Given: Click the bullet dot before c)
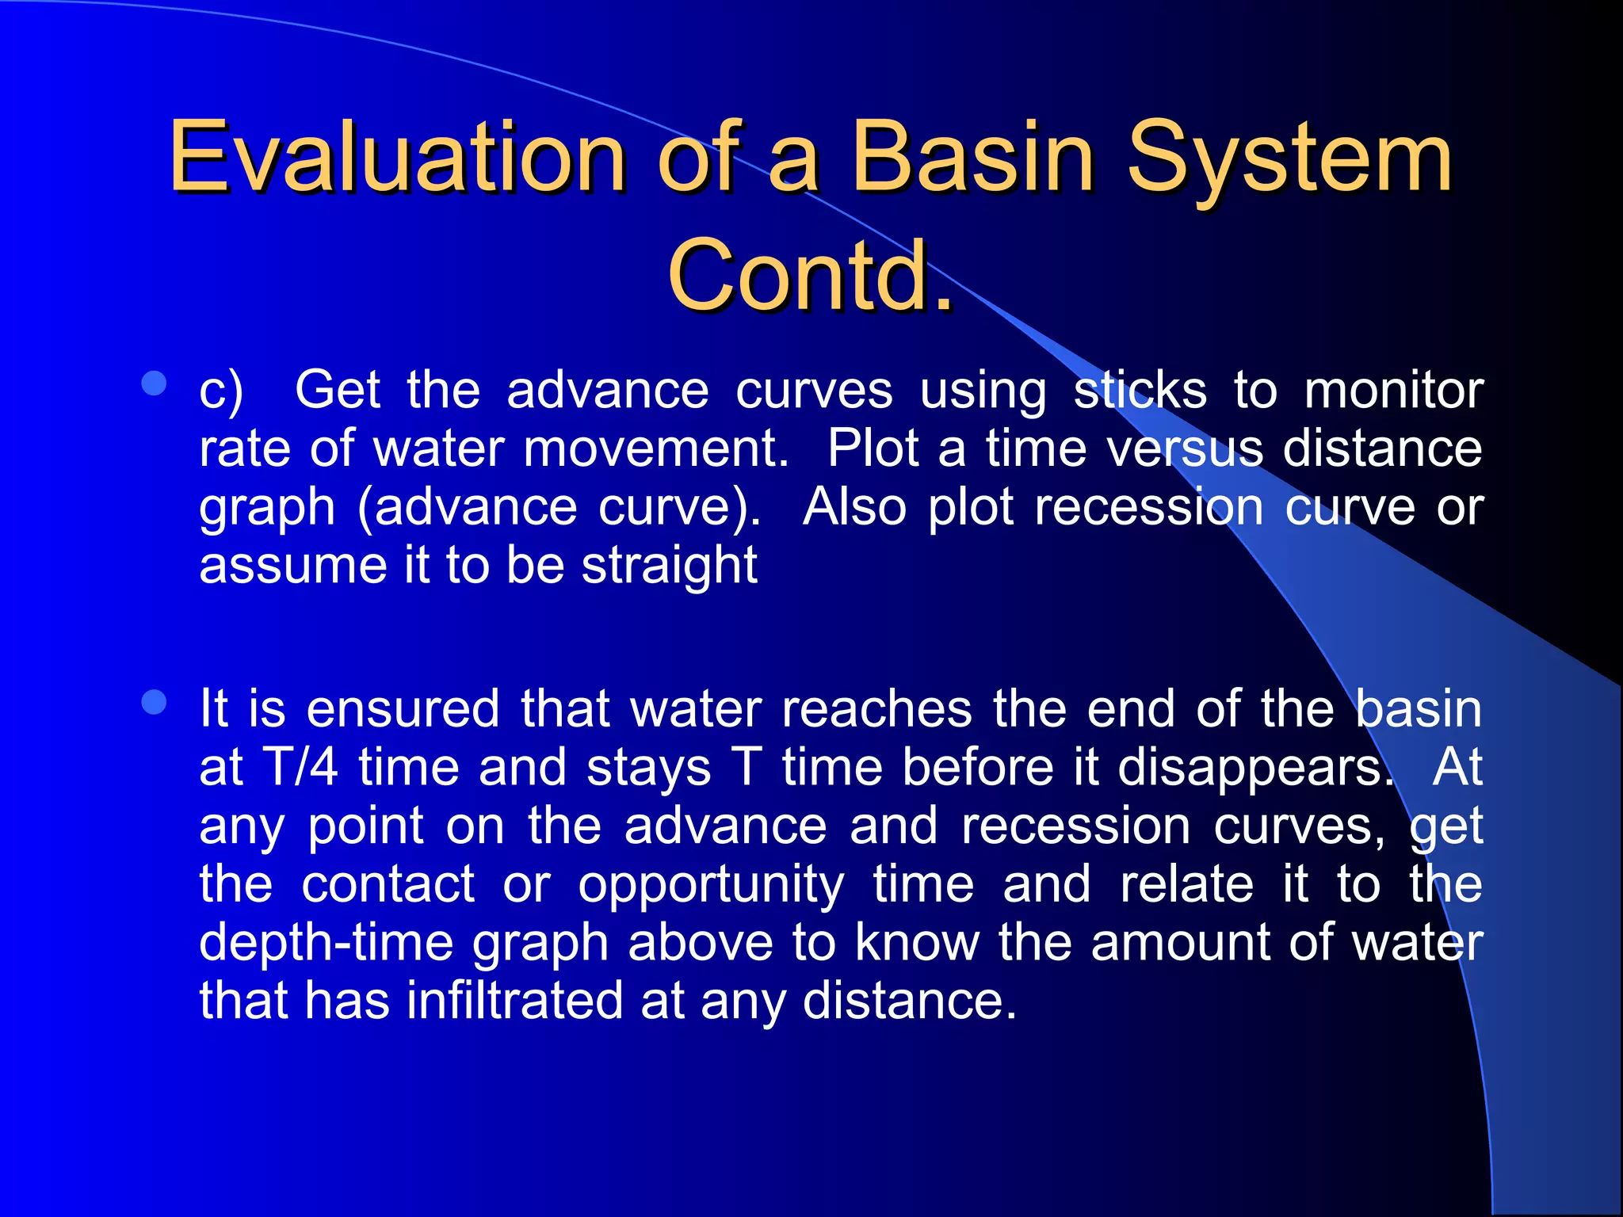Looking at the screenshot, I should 154,384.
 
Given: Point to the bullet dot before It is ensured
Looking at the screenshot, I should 154,702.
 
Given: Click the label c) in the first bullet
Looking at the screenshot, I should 221,391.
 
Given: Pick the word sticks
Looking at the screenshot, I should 1140,391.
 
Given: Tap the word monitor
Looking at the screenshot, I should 1393,391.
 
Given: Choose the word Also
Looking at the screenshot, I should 854,507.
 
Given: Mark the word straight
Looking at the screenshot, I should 669,566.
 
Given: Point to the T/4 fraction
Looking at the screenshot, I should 300,768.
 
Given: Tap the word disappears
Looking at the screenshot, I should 1255,768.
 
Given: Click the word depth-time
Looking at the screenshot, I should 325,943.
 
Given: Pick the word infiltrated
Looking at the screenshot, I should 515,1001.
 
